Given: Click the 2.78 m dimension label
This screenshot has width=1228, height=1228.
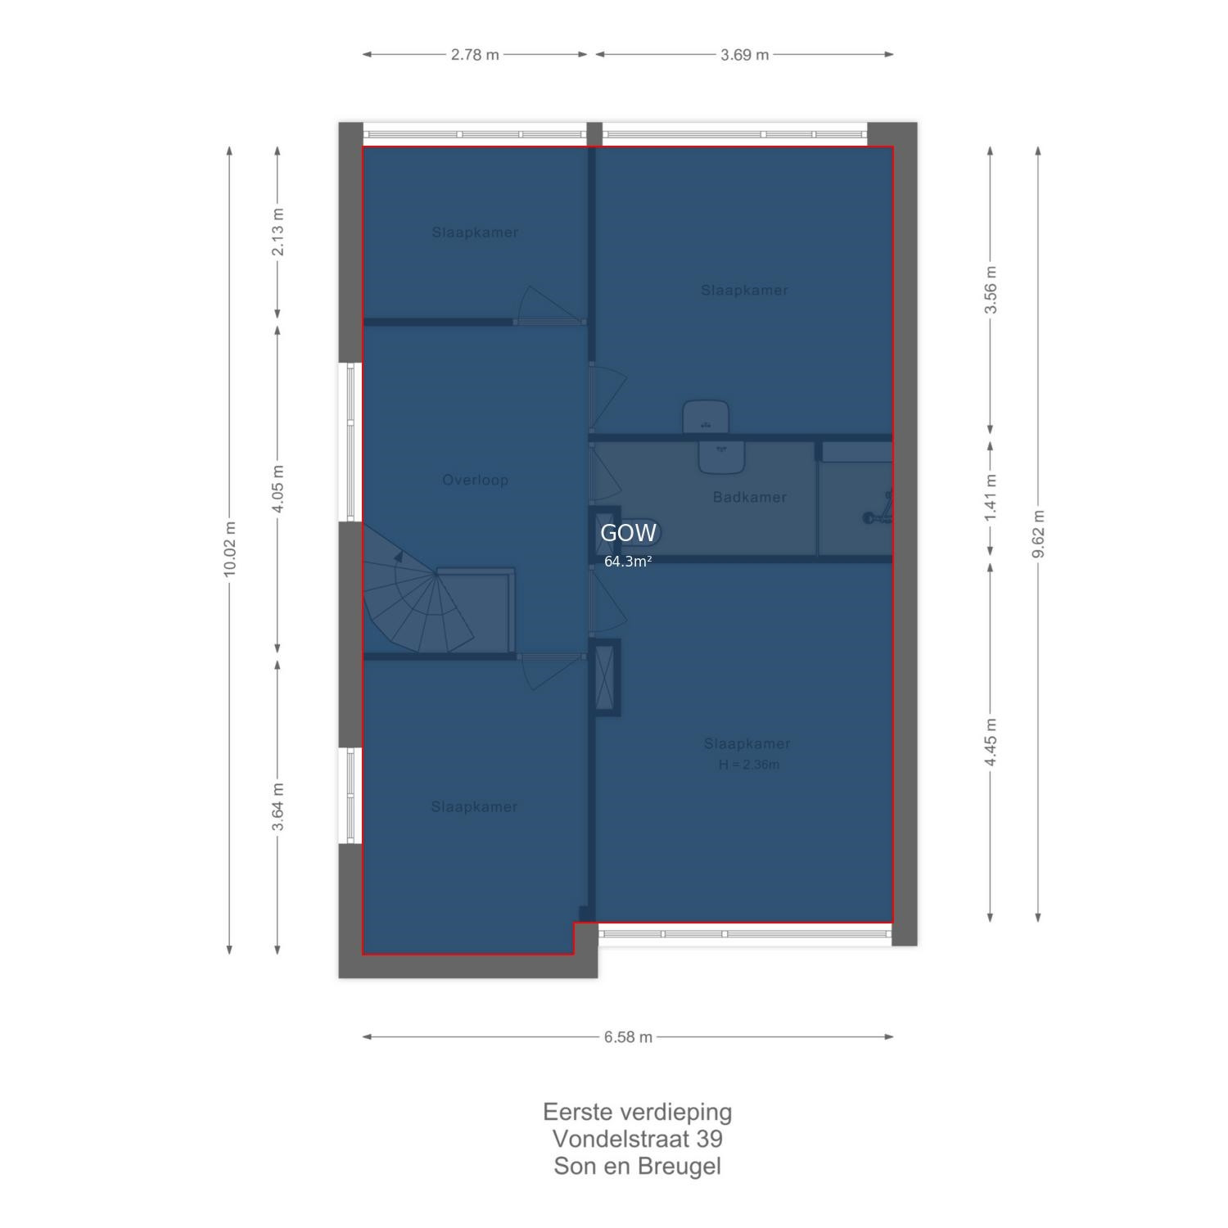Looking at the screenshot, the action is [x=475, y=55].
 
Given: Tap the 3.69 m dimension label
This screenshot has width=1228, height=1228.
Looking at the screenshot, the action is [x=745, y=55].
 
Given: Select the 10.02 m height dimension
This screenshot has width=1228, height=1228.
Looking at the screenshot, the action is [x=229, y=549].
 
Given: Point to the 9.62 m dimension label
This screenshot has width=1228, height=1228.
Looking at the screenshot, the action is [x=1038, y=534].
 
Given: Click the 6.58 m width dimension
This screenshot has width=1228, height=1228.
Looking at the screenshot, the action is [x=628, y=1037].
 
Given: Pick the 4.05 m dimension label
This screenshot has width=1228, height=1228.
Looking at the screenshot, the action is [x=278, y=489].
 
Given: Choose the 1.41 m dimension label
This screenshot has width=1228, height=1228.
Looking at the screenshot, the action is [x=991, y=497].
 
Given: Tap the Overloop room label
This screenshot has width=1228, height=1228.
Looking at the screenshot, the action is [x=476, y=480].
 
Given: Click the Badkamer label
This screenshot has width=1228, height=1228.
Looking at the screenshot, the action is [x=749, y=497].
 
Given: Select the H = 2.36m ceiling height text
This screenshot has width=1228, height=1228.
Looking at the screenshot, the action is [x=749, y=765].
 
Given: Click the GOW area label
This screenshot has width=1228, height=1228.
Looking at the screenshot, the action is [x=628, y=533].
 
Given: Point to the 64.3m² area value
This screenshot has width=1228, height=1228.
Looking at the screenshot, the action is [x=628, y=562].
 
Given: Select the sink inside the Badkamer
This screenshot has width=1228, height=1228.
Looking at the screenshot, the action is [x=721, y=457].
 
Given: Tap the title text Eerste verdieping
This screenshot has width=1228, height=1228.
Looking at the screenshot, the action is [x=637, y=1113].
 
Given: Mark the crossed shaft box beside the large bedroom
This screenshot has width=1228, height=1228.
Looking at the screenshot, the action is [x=605, y=677].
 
